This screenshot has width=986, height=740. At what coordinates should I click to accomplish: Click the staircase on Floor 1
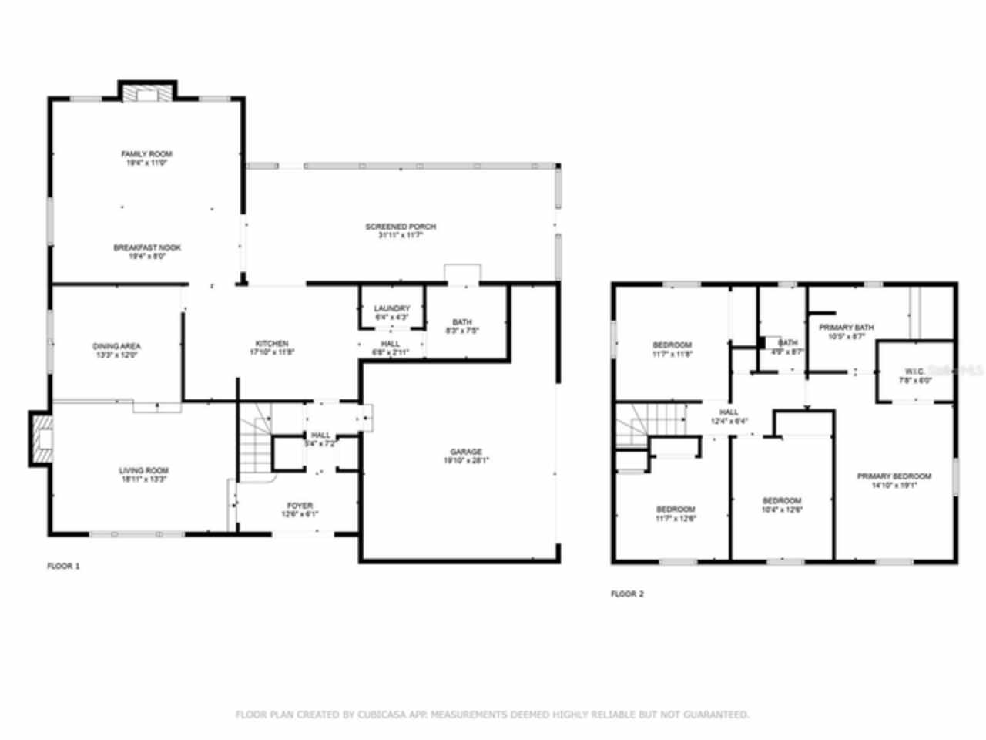point(255,447)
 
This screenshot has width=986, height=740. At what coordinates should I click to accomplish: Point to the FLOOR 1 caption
point(64,566)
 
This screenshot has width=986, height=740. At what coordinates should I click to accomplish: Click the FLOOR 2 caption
point(627,594)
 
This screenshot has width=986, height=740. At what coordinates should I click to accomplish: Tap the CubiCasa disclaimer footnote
point(492,715)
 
